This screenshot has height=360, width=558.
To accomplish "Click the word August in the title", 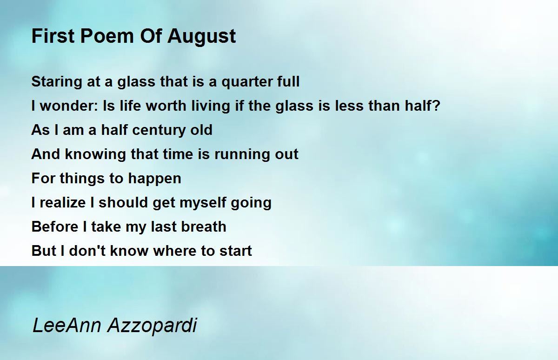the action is click(201, 37).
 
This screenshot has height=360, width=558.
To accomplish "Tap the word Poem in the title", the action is click(107, 36).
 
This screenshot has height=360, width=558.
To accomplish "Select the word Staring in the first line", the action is click(57, 82).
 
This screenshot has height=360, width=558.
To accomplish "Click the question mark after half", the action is click(437, 106).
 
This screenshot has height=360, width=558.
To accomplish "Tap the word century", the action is click(159, 130).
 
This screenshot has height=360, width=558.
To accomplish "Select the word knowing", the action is click(96, 154).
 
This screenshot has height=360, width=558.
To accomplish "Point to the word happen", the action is click(154, 179).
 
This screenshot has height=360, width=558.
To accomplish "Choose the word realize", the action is click(63, 202).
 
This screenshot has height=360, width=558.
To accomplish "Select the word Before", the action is click(55, 227).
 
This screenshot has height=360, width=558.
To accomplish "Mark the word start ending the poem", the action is click(236, 251).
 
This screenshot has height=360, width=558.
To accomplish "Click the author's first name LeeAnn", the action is click(67, 326).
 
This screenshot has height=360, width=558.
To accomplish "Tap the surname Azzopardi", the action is click(153, 326).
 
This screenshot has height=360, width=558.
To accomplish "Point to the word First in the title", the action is click(53, 36).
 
